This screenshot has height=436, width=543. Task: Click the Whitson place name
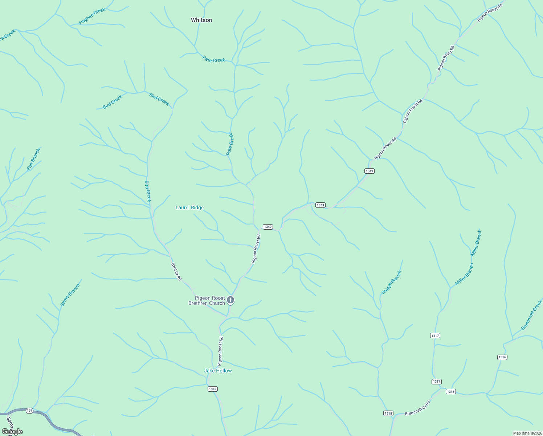201,20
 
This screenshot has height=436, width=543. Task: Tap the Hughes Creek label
92,16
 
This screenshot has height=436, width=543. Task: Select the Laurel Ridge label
189,207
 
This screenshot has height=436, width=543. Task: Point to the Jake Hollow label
218,371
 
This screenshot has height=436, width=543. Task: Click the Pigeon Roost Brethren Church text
207,300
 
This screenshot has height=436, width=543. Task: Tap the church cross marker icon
230,300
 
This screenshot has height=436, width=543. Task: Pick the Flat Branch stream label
33,159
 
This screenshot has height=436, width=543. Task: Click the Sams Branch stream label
70,295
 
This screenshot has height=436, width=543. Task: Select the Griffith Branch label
392,282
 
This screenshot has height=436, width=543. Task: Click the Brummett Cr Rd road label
417,408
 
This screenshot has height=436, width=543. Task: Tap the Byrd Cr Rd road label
176,271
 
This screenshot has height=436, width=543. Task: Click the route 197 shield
29,411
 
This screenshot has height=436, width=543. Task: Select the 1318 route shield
388,413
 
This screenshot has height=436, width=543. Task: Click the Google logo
12,432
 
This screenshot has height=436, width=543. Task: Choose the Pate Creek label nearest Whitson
214,60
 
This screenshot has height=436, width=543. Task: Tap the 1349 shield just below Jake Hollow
213,389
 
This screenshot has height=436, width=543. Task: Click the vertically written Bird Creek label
148,191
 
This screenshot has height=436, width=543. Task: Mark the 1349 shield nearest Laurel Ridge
268,227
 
